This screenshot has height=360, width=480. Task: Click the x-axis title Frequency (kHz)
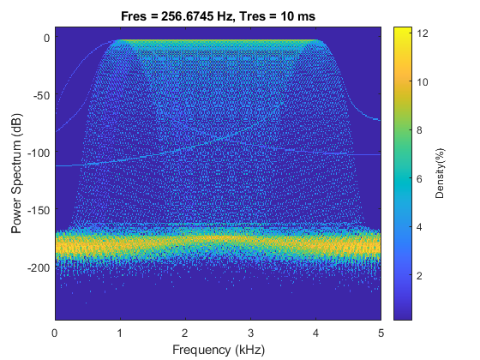[x=219, y=349]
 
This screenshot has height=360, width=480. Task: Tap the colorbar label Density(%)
[x=440, y=172]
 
